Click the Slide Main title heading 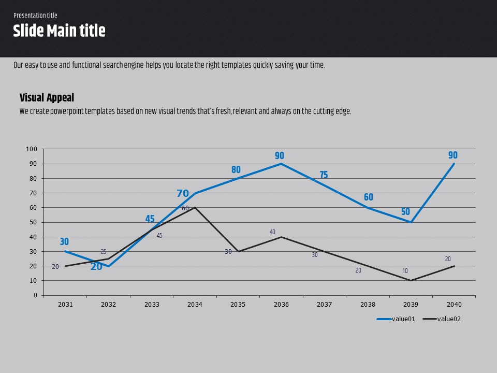pos(59,31)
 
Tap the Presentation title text pos(35,16)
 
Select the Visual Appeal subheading pos(47,97)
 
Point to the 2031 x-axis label pos(65,305)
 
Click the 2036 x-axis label pos(281,305)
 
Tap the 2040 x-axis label pos(454,305)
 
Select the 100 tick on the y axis pos(32,149)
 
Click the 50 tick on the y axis pos(33,222)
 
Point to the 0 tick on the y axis pos(35,295)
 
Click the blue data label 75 pos(324,175)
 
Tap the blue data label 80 pos(236,170)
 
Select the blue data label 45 pos(150,219)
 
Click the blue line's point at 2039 pos(411,222)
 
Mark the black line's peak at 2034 pos(195,207)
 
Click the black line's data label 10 pos(405,271)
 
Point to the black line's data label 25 pos(104,252)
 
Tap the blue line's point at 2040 pos(454,164)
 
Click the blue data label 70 pos(183,194)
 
